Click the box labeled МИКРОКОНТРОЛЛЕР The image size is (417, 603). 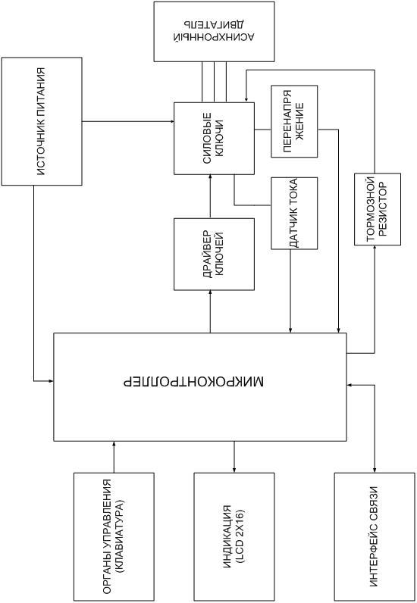tap(200, 386)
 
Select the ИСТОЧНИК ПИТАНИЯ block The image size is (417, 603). tap(42, 121)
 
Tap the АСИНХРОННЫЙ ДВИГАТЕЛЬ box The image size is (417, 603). tap(214, 32)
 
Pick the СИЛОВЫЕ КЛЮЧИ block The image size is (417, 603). tap(214, 139)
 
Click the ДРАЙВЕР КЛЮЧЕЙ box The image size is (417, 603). tap(214, 255)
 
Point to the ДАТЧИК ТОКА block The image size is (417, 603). tap(294, 213)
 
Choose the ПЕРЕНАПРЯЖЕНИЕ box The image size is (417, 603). tap(294, 121)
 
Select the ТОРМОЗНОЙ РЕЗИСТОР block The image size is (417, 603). tap(378, 209)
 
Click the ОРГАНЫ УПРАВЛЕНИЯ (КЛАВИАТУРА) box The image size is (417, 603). tap(114, 537)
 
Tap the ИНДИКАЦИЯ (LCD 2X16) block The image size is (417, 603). tap(234, 537)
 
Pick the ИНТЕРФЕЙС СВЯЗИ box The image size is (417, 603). tap(375, 537)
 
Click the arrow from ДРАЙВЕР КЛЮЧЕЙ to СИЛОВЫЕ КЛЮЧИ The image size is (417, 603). tap(210, 196)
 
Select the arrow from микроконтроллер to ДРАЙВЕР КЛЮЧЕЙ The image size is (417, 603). tap(210, 311)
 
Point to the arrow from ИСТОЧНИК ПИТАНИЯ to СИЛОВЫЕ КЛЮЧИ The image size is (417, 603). tap(128, 121)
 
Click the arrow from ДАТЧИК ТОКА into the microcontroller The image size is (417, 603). tap(290, 291)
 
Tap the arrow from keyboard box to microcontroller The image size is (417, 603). tap(114, 457)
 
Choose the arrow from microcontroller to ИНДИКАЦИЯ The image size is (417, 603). tap(234, 457)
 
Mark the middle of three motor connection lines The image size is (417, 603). tap(214, 82)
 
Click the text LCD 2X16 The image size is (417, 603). tap(240, 537)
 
